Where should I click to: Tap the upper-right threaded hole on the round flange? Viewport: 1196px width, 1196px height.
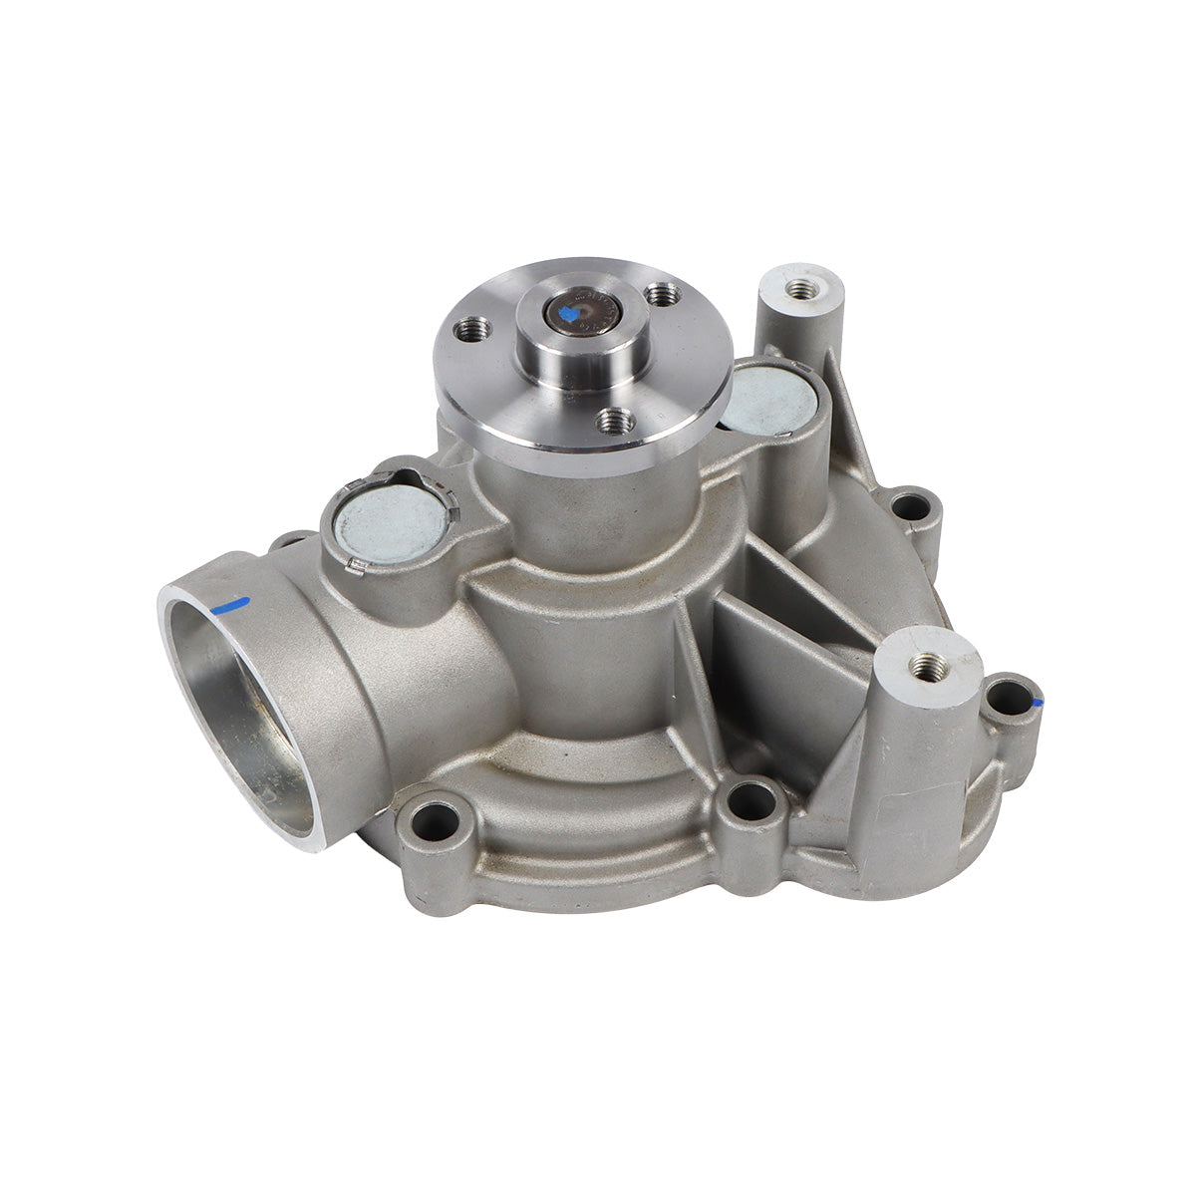tap(662, 294)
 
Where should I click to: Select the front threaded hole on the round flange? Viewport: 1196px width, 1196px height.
tap(617, 420)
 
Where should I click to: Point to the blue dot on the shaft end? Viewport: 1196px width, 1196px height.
tap(570, 317)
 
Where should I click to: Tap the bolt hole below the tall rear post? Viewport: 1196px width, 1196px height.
tap(910, 508)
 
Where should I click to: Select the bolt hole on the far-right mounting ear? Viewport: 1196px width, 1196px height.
tap(1009, 695)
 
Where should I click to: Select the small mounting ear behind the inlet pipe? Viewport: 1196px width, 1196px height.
tap(289, 543)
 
